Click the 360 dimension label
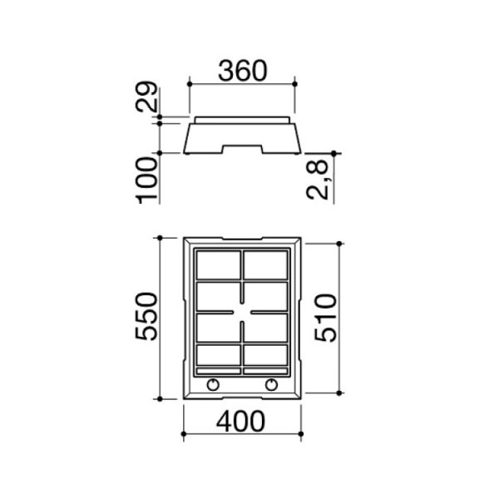[x=243, y=71]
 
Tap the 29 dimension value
[x=146, y=96]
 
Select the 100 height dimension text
[x=146, y=180]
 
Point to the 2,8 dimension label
[x=318, y=180]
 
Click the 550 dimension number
[x=146, y=316]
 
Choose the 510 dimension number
[x=325, y=318]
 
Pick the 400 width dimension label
[x=240, y=421]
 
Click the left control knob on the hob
[x=213, y=385]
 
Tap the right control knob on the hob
[x=271, y=385]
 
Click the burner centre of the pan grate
[x=242, y=312]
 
